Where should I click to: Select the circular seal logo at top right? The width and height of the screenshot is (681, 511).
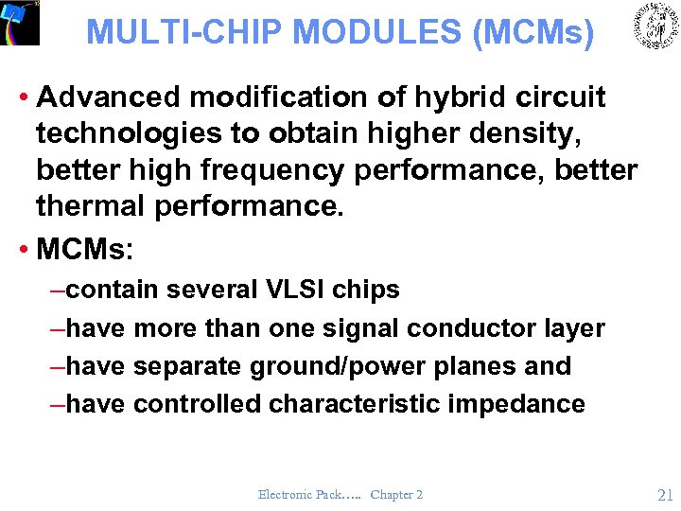(x=655, y=26)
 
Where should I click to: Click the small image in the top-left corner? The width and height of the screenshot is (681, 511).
(x=20, y=23)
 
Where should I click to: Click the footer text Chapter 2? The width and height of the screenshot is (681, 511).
(x=396, y=494)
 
